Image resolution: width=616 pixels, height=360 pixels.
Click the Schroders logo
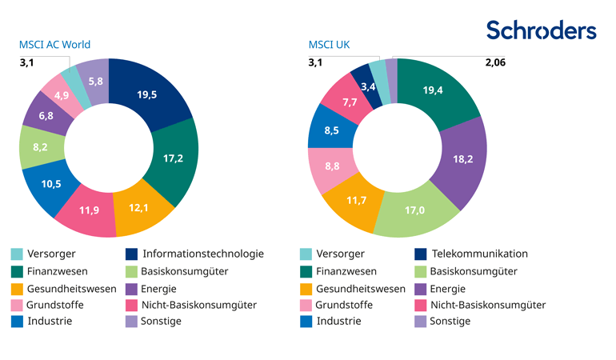tap(541, 30)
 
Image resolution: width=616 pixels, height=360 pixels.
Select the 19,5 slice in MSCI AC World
tap(147, 94)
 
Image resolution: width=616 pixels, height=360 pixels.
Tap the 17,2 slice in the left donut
tap(173, 158)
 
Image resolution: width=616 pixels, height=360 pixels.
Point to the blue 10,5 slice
tap(51, 183)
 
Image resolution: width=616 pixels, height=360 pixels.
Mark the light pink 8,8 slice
tap(329, 166)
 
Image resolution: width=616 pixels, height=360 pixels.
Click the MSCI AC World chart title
tap(54, 45)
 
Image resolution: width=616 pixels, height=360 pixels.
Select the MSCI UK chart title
tap(329, 45)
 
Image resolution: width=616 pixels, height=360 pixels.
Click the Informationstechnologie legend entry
tap(202, 254)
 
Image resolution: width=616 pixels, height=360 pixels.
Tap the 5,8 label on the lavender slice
tap(95, 81)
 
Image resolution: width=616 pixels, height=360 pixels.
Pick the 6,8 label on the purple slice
tap(45, 116)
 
